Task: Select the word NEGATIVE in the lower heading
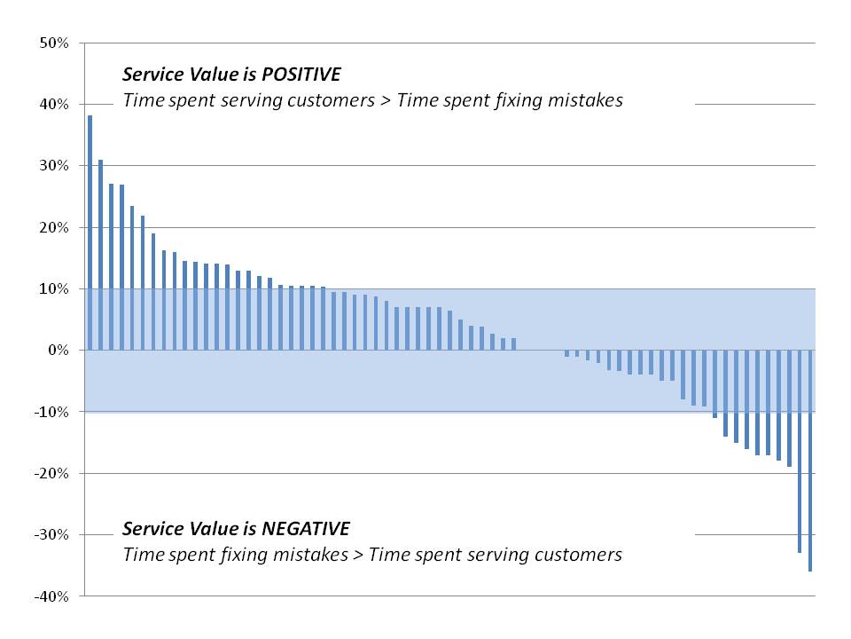(x=306, y=529)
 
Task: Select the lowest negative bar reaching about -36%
(x=810, y=461)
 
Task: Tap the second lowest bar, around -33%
(x=800, y=452)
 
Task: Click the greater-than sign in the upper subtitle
(x=386, y=101)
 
